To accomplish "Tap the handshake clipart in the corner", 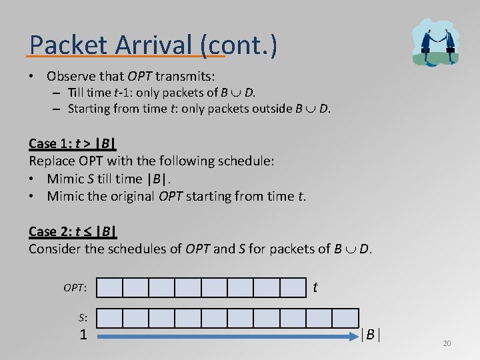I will click(435, 42).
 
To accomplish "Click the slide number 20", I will click(447, 343).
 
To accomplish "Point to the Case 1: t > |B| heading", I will click(73, 143).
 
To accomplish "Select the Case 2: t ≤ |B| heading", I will click(73, 231).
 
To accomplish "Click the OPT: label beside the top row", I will click(75, 288).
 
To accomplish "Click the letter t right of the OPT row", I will click(315, 287).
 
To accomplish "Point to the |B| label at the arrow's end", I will click(370, 335).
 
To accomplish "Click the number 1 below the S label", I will click(83, 335).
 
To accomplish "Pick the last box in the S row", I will click(345, 318).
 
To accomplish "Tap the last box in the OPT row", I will click(293, 287).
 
